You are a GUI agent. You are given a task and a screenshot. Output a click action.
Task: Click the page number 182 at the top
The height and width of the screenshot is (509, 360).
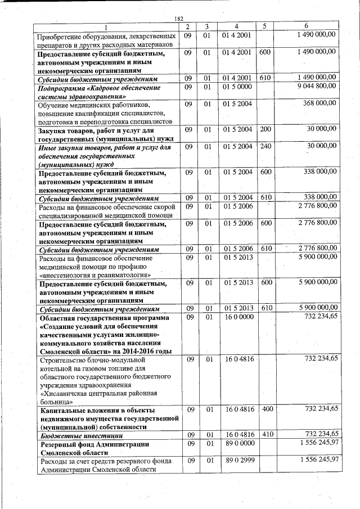click(180, 18)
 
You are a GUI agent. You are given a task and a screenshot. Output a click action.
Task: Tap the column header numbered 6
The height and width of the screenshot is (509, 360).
click(306, 26)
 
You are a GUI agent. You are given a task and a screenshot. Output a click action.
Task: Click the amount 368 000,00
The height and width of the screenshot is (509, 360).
click(319, 103)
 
